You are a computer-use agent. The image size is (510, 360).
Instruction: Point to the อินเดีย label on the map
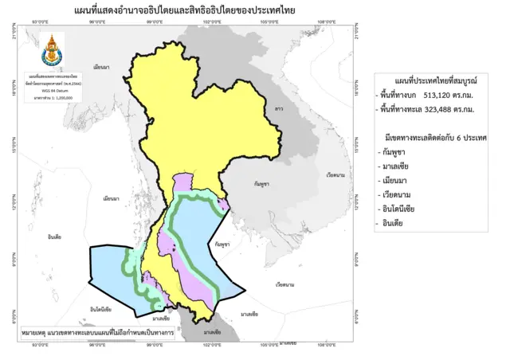click(55, 237)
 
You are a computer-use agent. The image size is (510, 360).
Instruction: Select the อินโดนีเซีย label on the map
click(100, 308)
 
